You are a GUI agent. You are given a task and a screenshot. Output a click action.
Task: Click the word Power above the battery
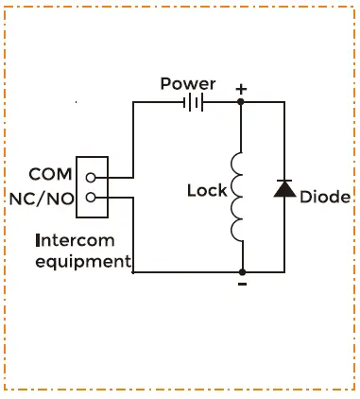click(187, 84)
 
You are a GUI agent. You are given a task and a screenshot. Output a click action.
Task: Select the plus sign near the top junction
click(242, 89)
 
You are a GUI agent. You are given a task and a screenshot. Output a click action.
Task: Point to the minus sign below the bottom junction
click(242, 283)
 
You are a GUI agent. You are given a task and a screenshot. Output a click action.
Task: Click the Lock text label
click(207, 190)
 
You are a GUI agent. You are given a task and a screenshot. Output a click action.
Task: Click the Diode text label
click(325, 197)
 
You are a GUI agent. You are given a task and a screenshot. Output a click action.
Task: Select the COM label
click(50, 175)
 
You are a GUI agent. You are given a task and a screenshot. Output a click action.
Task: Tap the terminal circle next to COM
click(91, 177)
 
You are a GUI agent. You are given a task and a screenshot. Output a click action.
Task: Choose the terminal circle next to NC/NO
click(91, 197)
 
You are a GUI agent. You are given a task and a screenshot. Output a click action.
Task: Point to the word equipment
click(81, 261)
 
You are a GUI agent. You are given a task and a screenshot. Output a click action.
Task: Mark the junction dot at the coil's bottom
click(242, 272)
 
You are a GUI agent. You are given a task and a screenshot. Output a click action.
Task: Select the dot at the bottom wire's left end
click(133, 272)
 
